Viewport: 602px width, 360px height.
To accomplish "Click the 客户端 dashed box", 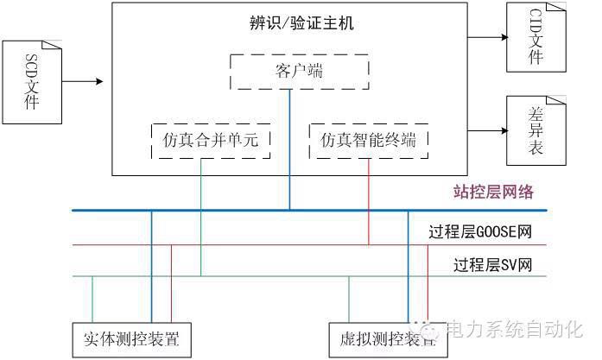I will (x=299, y=71).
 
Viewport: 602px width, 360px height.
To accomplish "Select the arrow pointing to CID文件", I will (x=488, y=37).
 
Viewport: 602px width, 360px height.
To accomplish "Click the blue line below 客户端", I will (x=290, y=147).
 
